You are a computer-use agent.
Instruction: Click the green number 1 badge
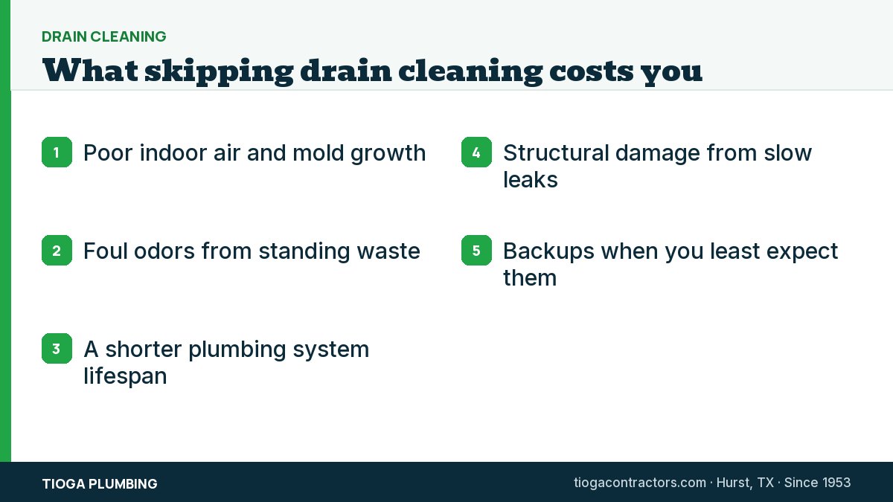pos(57,152)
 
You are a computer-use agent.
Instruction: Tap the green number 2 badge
pos(57,250)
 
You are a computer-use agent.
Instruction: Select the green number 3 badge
pos(57,348)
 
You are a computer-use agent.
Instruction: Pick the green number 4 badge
pos(476,152)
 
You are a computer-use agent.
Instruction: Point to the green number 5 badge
pos(476,250)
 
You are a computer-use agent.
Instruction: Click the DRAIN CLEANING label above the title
pos(104,36)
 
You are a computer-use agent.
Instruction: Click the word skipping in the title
pos(219,72)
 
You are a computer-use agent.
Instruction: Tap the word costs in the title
pos(591,71)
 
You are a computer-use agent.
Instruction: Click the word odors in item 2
pos(164,251)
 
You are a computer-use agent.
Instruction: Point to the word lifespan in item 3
pos(125,376)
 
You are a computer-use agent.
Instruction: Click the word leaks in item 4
pos(530,180)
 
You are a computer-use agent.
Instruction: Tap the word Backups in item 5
pos(548,252)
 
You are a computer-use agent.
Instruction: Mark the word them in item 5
pos(530,277)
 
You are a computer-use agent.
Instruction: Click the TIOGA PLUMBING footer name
pos(100,483)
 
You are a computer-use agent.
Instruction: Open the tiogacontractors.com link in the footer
pos(640,483)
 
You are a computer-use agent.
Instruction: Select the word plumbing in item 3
pos(237,350)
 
